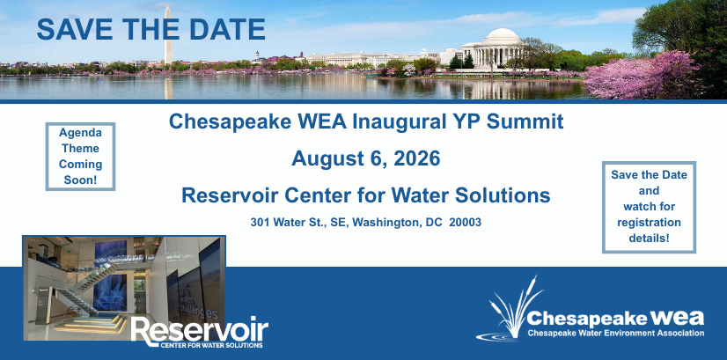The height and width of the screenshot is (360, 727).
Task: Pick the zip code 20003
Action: (465, 222)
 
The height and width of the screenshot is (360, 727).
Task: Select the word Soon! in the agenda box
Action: (80, 180)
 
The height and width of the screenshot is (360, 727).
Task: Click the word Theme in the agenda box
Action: (80, 149)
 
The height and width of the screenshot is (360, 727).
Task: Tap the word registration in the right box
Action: (649, 222)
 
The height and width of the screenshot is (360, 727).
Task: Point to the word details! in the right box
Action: (649, 238)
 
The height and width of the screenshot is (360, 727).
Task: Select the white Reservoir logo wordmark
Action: (200, 331)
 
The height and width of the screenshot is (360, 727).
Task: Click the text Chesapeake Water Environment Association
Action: (616, 333)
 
